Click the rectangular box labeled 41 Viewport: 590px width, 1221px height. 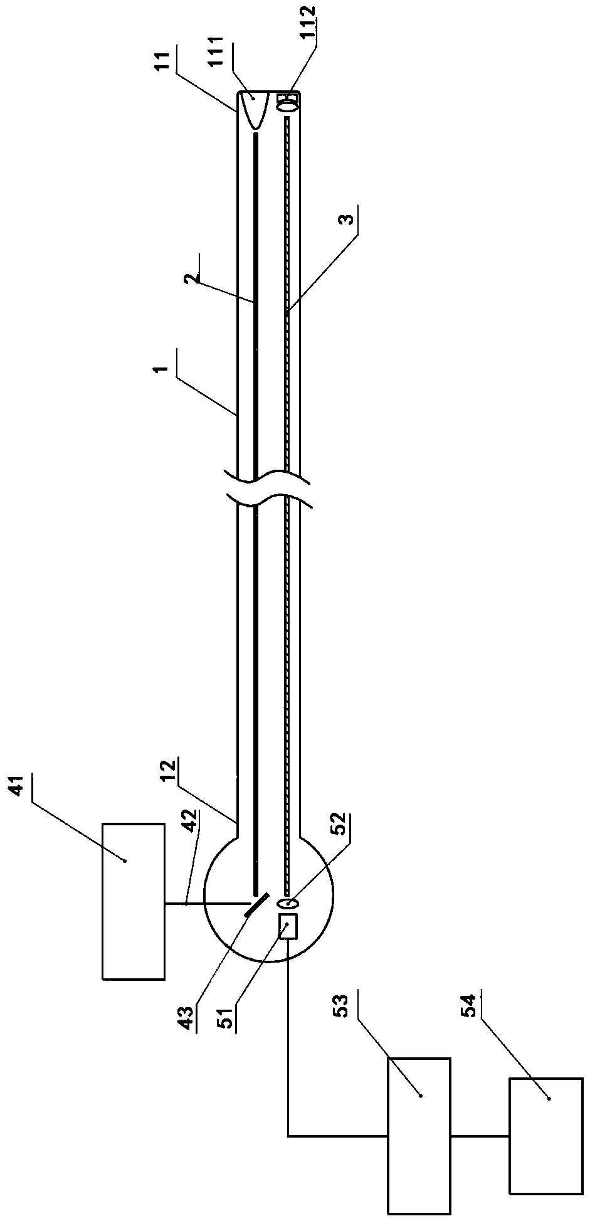pyautogui.click(x=133, y=901)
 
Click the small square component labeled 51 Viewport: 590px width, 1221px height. pyautogui.click(x=288, y=926)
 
